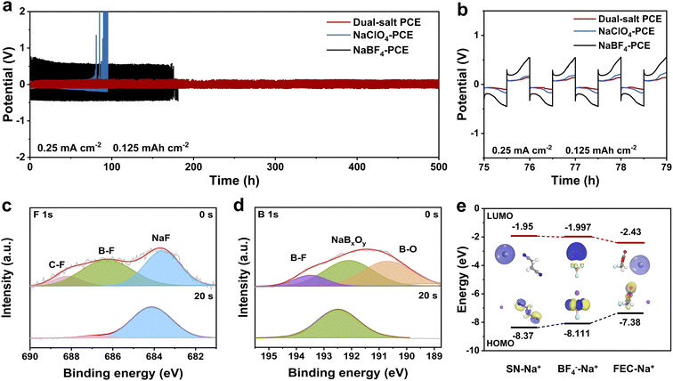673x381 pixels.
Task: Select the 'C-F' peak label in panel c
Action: [57, 263]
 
